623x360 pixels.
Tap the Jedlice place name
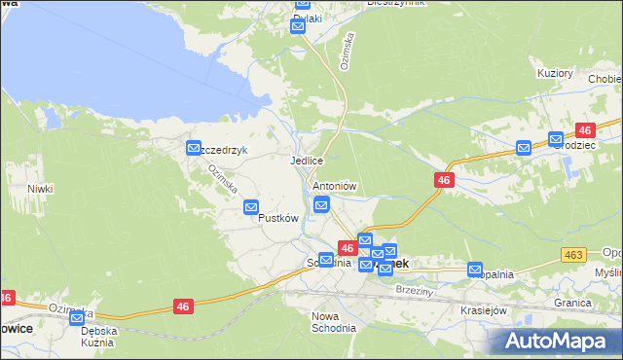pos(306,161)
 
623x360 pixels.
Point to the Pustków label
pos(276,218)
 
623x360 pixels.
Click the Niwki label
pos(39,189)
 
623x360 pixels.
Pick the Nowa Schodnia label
pos(333,322)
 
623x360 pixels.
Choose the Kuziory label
pos(555,73)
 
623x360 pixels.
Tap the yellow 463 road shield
pos(573,254)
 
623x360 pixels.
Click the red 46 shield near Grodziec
pos(585,129)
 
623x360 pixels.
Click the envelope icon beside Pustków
pos(251,207)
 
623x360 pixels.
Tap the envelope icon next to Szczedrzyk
pos(193,146)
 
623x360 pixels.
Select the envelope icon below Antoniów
pos(321,203)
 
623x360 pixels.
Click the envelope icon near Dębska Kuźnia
pos(76,318)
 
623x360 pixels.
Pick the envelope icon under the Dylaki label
pos(298,27)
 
